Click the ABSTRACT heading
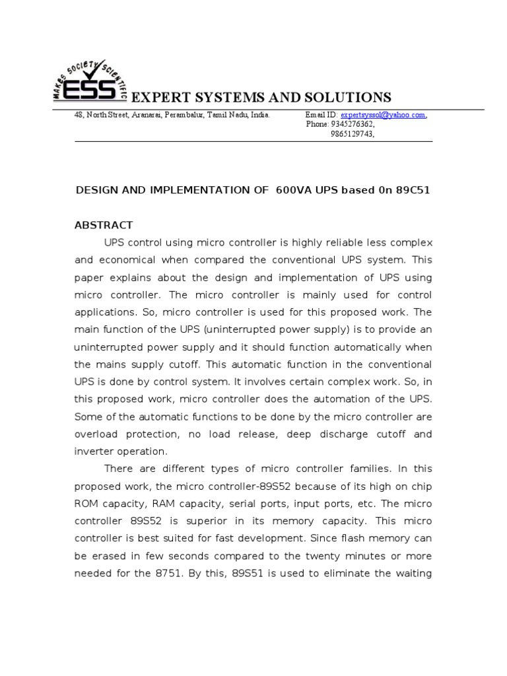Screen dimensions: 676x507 click(104, 225)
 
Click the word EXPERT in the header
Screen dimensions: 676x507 click(157, 98)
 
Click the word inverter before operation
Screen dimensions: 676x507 click(95, 451)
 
